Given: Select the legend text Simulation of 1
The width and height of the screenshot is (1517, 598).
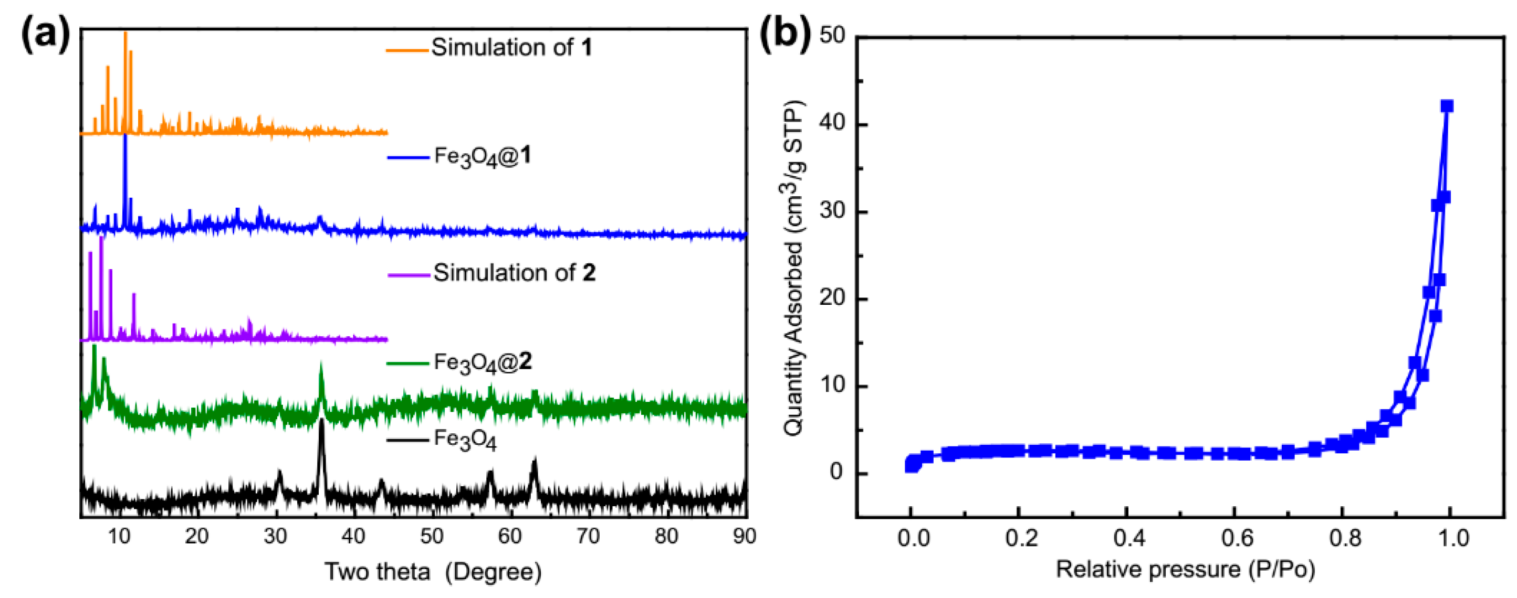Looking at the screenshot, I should click(x=511, y=48).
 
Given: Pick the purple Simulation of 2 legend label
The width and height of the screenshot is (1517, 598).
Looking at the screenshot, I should click(x=514, y=273).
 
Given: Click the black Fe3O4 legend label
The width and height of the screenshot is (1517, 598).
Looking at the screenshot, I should click(x=465, y=440).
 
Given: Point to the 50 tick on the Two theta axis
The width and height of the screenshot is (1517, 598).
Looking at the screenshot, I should click(x=432, y=536).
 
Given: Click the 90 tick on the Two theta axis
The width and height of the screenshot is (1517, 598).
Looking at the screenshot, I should click(x=744, y=536).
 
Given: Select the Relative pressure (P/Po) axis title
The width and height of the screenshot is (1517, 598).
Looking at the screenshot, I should click(x=1185, y=570).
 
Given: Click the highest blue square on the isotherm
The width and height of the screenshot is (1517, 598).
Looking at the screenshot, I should click(x=1446, y=106).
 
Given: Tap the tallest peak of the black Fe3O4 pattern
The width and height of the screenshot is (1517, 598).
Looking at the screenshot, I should click(x=321, y=421).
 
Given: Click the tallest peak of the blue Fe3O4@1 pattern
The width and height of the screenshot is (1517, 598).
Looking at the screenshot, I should click(x=124, y=136).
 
